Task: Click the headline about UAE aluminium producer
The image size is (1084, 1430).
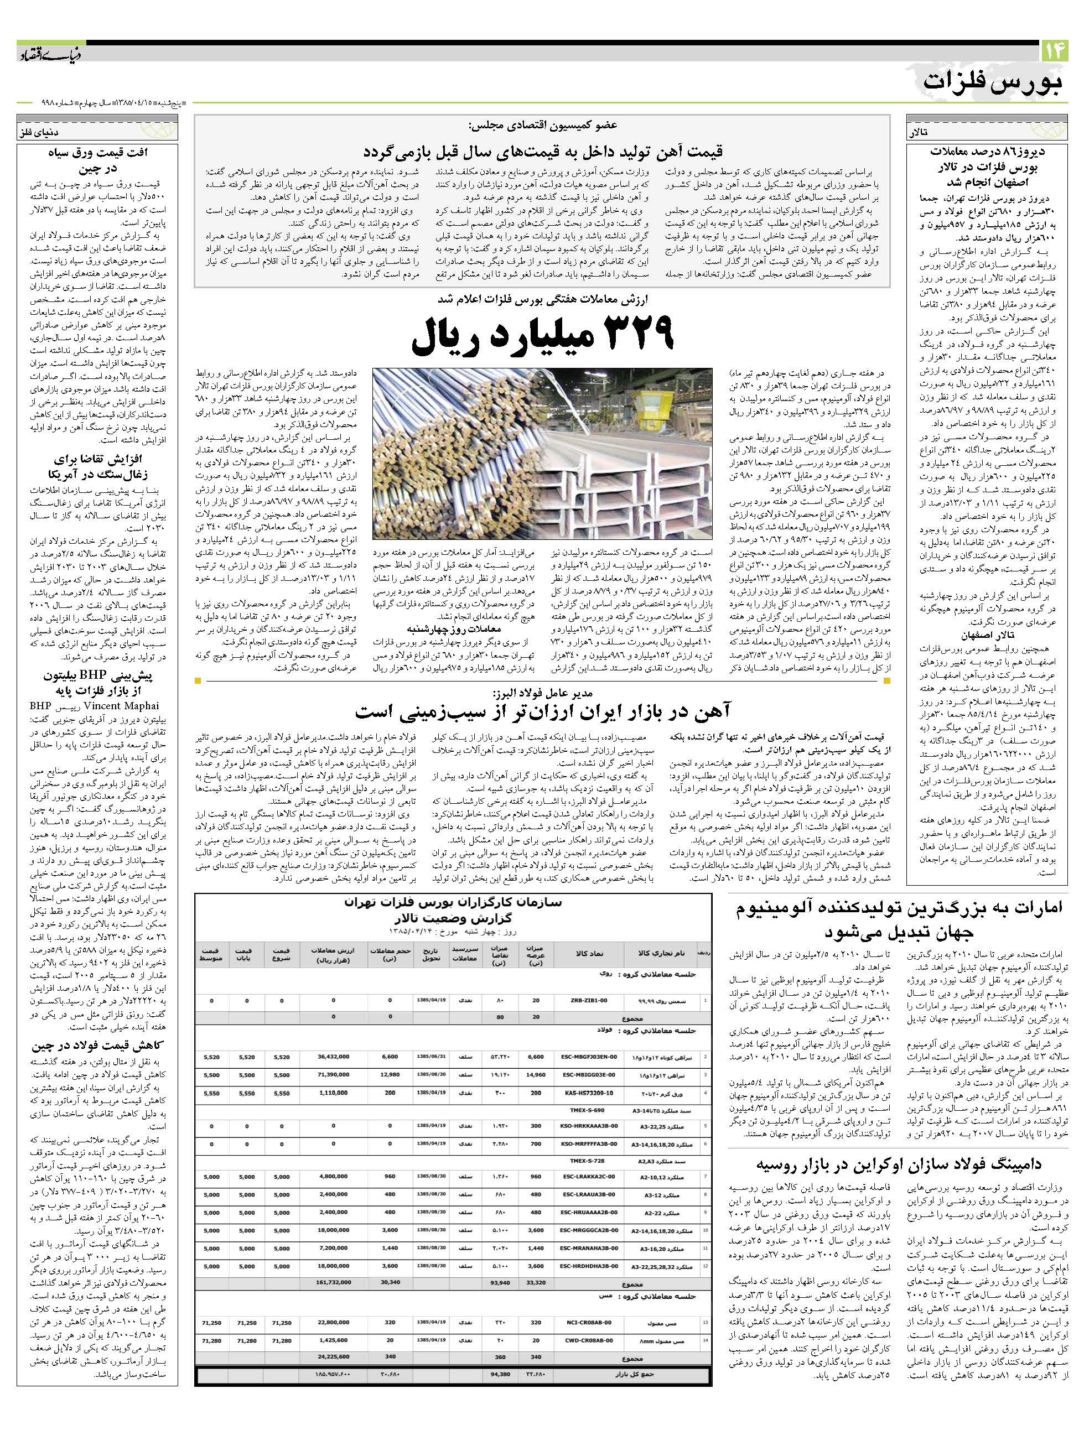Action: pyautogui.click(x=899, y=919)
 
